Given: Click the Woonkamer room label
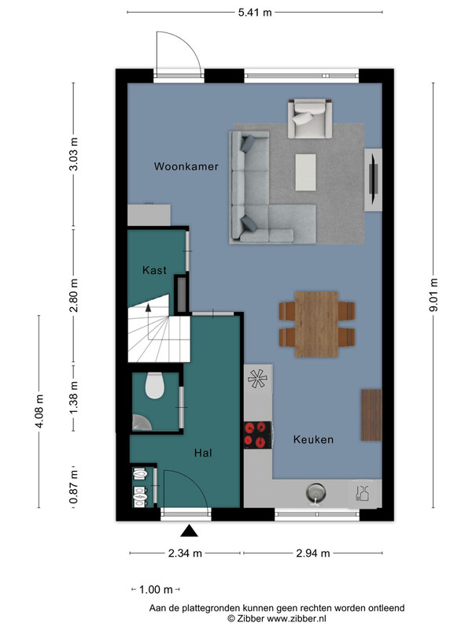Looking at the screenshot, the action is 186,166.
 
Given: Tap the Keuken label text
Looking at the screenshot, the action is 313,439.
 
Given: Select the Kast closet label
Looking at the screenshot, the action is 154,270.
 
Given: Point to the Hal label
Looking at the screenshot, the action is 203,454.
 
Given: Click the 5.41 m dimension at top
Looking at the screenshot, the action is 255,13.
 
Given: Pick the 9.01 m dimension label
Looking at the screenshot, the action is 433,295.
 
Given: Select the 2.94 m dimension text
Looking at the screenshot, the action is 313,554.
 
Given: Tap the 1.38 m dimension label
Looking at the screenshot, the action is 73,398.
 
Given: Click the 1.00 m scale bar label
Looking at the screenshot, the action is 156,590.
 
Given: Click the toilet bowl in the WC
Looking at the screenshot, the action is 155,386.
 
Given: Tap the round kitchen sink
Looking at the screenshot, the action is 316,492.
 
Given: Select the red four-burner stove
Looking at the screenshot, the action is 258,435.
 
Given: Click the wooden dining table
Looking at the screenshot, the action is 317,324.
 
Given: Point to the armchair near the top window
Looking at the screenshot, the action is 310,119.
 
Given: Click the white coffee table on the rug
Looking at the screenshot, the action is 305,172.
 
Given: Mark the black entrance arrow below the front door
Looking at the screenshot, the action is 189,531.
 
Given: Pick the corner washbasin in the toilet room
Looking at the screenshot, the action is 141,424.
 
